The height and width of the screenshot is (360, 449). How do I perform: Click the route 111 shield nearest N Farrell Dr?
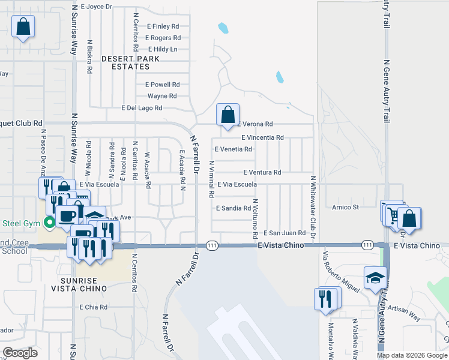[212, 245]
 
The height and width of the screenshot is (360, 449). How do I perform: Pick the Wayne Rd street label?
[162, 96]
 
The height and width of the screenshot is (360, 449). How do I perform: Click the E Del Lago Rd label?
[142, 108]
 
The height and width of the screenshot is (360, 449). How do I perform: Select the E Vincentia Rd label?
[262, 137]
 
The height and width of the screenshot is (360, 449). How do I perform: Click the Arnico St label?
[345, 207]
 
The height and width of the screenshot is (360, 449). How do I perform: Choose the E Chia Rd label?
[93, 307]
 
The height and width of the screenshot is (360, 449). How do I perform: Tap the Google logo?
[20, 353]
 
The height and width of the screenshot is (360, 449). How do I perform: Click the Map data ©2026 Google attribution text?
[411, 355]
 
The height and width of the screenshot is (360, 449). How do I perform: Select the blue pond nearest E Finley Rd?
[223, 28]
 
